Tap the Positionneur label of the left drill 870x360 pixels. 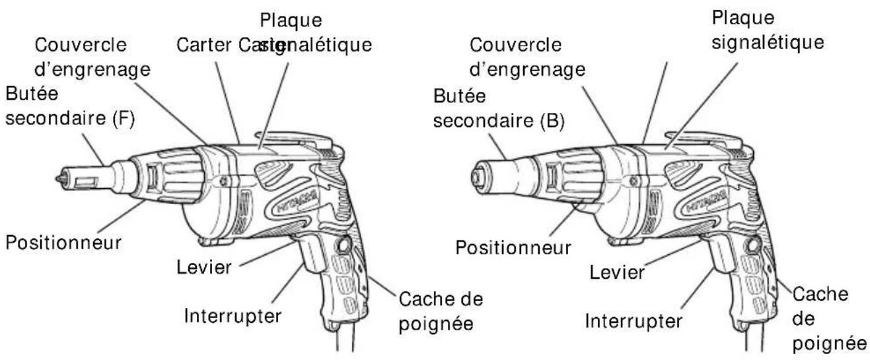pyautogui.click(x=63, y=242)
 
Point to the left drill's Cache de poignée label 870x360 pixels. pyautogui.click(x=441, y=310)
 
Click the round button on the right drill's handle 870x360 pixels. pyautogui.click(x=750, y=248)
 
